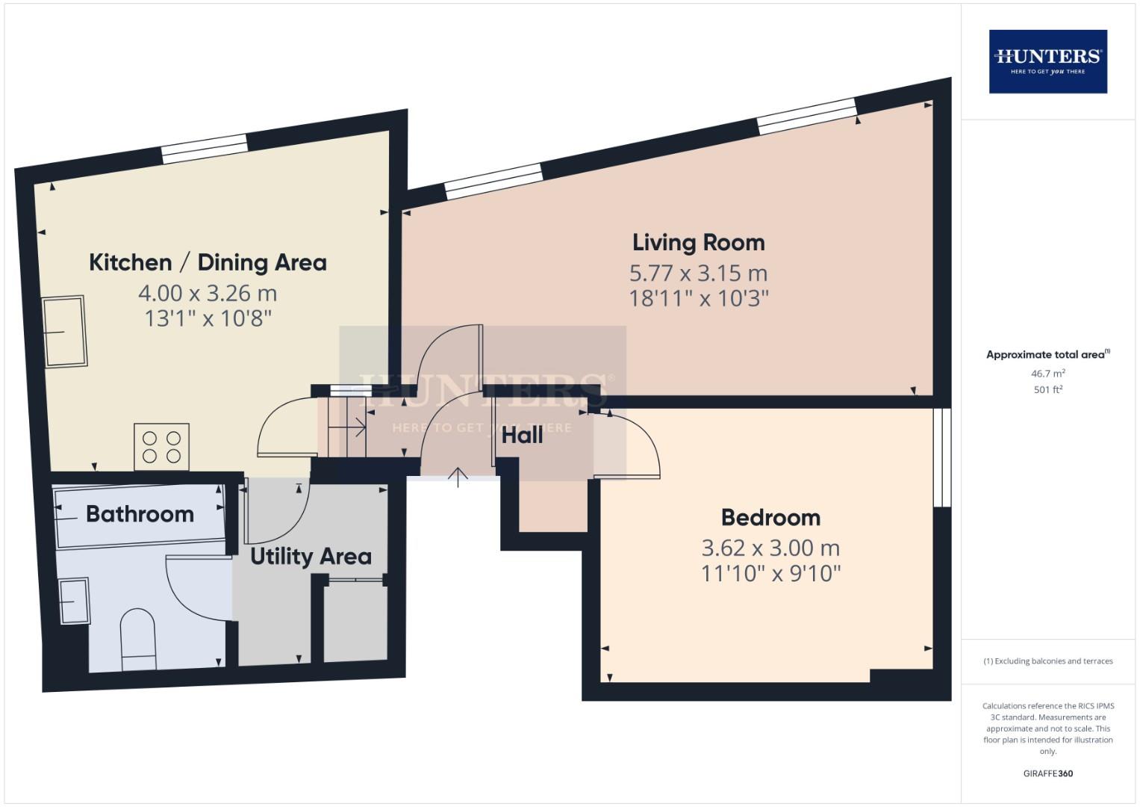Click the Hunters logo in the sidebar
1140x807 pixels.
point(1047,61)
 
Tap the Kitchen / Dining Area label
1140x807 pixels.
point(208,262)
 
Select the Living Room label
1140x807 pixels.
point(698,242)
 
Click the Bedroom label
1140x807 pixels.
point(770,517)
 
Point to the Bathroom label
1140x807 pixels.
point(140,514)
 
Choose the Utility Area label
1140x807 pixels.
point(311,557)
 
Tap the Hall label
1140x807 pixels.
point(522,435)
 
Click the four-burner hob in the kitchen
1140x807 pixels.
point(161,447)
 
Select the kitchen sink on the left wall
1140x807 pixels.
point(65,332)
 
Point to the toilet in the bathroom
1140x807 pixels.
point(138,639)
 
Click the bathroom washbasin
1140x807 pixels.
point(75,600)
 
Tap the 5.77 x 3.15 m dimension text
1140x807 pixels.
point(698,273)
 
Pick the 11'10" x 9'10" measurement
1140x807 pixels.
point(770,574)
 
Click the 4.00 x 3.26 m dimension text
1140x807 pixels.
point(208,293)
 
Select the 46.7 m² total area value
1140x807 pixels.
point(1047,373)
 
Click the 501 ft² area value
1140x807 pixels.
point(1047,389)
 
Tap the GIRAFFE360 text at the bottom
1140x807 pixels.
point(1047,773)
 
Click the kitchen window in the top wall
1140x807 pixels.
point(205,149)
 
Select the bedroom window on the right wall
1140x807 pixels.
point(942,457)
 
